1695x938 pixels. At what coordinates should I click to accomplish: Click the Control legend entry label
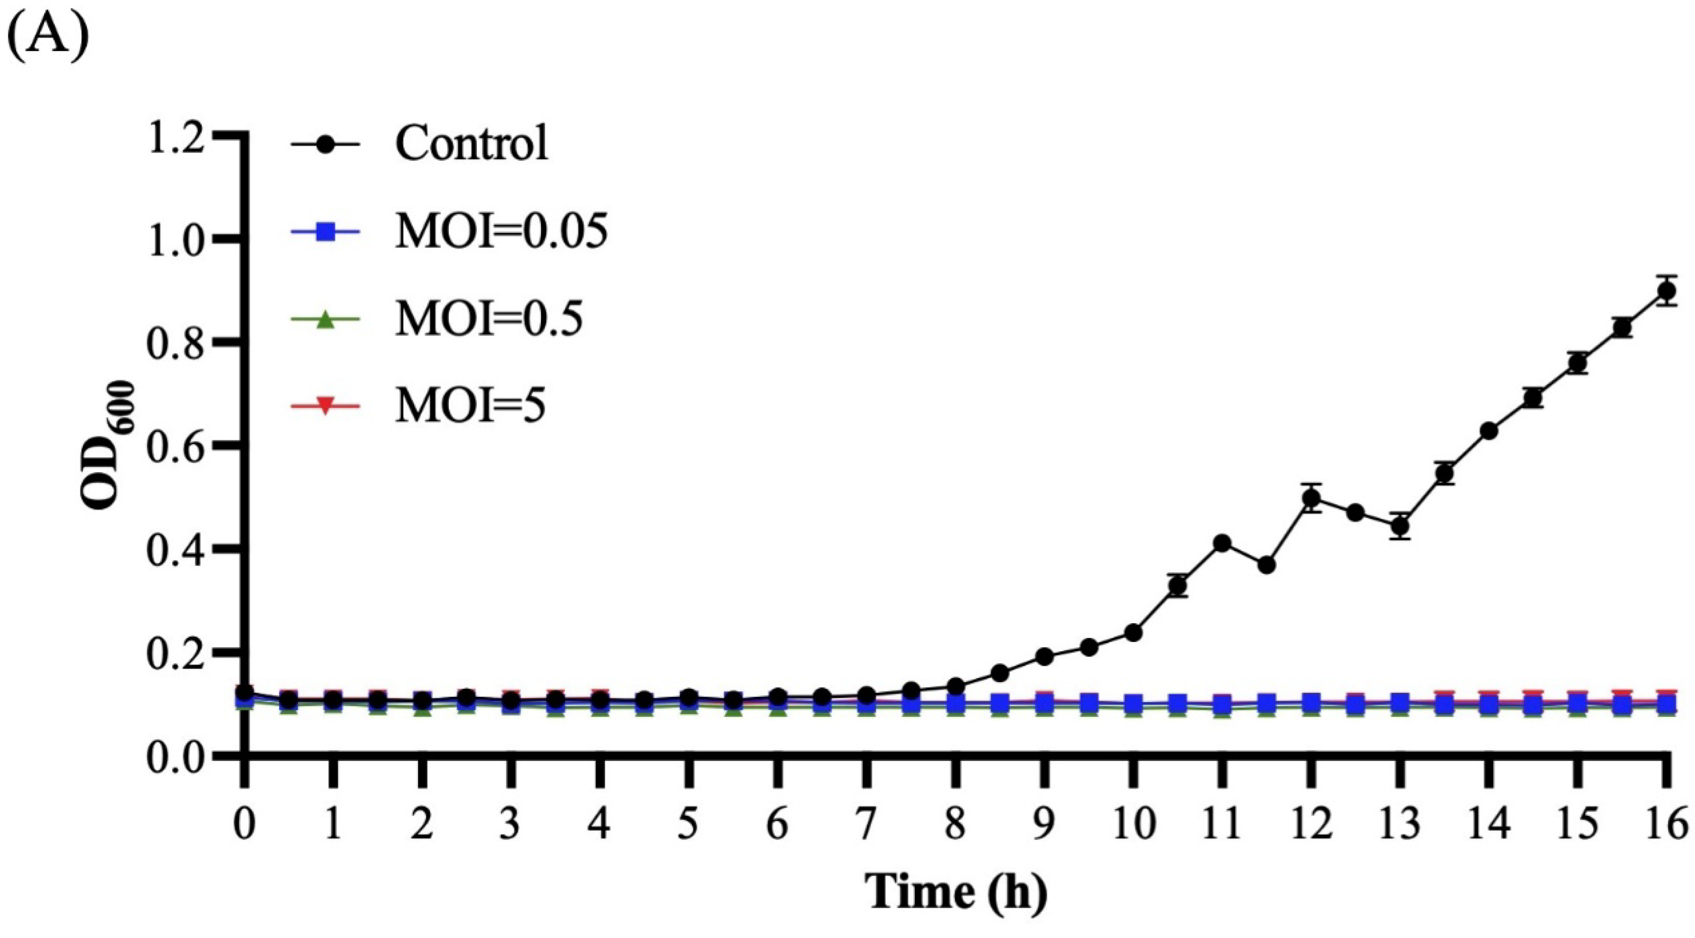(471, 143)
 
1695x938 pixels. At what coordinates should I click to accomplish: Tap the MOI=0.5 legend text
(489, 319)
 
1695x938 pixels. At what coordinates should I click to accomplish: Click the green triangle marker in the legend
(326, 320)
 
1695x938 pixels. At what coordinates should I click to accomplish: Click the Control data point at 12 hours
(1311, 498)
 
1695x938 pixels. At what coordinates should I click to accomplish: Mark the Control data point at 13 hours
(1400, 527)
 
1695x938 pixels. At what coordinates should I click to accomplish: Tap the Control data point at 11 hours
(1223, 543)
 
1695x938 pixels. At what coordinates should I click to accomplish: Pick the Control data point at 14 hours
(1489, 431)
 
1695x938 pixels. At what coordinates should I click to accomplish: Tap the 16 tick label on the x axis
(1665, 823)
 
